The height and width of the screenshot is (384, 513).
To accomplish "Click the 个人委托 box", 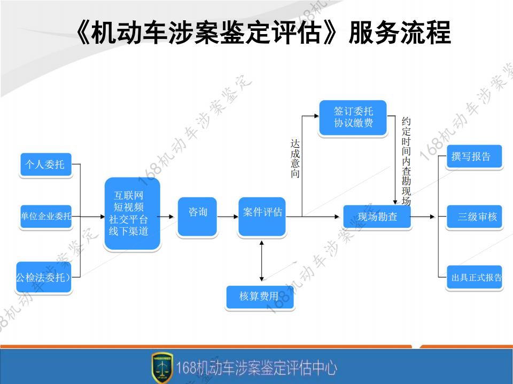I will (45, 164).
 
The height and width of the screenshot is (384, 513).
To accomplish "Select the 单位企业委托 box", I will (45, 217).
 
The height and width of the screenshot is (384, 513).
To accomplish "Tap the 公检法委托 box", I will (43, 277).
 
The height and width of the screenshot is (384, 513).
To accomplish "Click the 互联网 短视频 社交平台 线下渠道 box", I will (133, 214).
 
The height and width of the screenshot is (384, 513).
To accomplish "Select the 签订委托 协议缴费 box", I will (353, 118).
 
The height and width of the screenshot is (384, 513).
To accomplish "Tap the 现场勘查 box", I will (377, 217).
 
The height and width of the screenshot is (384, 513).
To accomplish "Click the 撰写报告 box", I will (474, 157).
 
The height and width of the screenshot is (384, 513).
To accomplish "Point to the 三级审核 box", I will (474, 217).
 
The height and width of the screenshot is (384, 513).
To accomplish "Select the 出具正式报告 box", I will (474, 277).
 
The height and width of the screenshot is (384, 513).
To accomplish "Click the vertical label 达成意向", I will (295, 159).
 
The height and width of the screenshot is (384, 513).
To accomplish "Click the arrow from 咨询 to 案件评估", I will (228, 217).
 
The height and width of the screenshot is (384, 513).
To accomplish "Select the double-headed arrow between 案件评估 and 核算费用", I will (261, 261).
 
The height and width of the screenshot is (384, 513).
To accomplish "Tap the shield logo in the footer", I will (162, 367).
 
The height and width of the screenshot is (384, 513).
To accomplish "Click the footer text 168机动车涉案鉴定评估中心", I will (257, 367).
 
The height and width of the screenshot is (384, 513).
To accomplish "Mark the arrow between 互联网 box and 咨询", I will (168, 217).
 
